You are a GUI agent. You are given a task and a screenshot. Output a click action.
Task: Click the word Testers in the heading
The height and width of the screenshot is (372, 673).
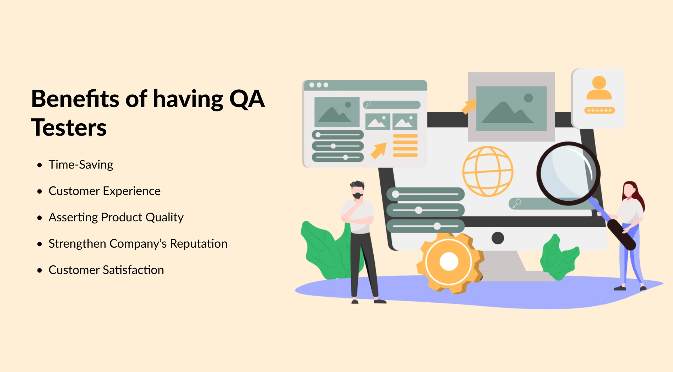69,128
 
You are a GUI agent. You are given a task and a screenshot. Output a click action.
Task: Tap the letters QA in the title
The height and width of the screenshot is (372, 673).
247,99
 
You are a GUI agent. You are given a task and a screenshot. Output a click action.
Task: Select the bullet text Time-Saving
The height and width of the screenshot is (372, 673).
81,165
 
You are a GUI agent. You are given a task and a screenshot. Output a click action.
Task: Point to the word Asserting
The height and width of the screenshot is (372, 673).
73,218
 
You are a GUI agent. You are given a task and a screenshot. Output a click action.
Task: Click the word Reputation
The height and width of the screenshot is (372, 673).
198,244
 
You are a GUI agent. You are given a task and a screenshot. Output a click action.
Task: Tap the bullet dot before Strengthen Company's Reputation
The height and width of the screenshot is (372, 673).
40,244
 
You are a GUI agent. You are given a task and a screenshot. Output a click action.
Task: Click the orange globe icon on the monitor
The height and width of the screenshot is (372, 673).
488,171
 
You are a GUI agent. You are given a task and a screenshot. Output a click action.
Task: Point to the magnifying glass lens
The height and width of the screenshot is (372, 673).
568,173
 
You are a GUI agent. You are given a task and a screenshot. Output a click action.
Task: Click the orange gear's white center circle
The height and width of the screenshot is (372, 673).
449,262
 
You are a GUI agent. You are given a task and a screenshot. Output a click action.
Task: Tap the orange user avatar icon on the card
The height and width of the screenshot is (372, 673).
599,88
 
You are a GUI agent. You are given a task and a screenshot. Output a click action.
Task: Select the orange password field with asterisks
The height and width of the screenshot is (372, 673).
599,110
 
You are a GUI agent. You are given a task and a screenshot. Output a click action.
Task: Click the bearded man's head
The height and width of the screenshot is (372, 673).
358,190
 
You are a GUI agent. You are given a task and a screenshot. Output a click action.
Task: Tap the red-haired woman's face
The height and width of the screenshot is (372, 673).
629,191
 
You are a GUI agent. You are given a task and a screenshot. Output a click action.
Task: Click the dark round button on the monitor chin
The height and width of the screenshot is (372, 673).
498,238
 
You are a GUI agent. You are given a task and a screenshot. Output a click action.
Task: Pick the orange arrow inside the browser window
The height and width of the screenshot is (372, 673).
379,151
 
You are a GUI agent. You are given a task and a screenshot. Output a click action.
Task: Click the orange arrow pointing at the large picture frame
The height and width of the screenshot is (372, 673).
469,106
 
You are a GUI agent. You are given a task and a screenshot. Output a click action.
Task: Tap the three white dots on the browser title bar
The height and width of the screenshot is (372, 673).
319,85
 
